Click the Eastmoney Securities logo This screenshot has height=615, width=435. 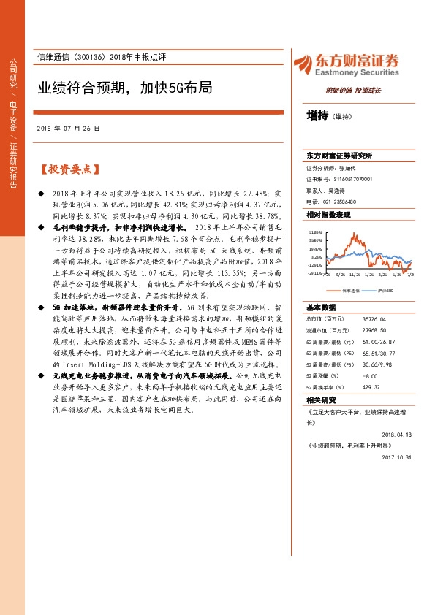[345, 65]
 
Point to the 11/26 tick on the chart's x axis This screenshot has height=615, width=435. [355, 275]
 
